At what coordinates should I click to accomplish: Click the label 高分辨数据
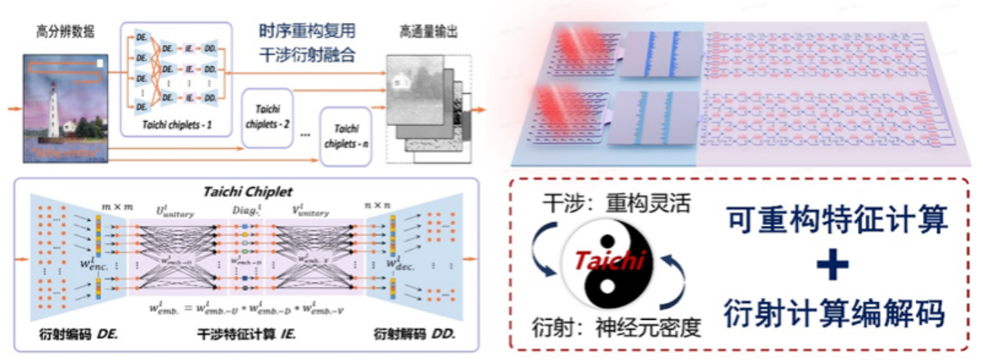65,32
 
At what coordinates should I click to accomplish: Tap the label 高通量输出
428,32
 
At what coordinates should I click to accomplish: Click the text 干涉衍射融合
307,56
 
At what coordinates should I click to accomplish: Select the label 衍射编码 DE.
74,334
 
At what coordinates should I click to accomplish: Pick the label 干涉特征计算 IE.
245,334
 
